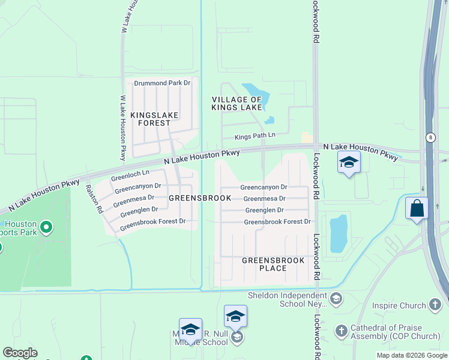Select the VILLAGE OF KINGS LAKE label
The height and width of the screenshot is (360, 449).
click(x=237, y=103)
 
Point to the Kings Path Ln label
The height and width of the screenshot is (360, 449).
click(x=255, y=136)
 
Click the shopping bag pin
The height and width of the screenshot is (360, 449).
click(x=417, y=209)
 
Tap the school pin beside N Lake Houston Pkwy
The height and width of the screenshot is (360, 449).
click(x=349, y=162)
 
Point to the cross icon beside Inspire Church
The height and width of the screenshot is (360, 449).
click(x=435, y=305)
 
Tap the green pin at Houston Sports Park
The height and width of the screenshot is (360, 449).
click(x=46, y=227)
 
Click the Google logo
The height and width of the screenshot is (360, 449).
click(x=19, y=353)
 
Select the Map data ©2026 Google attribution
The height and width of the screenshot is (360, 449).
click(x=411, y=355)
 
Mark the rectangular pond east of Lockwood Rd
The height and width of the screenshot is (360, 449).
click(x=339, y=233)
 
